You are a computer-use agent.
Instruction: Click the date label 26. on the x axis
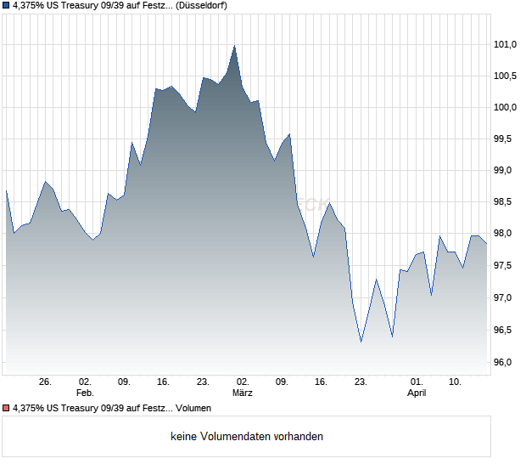[x=45, y=382]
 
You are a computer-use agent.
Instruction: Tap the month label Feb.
[x=84, y=393]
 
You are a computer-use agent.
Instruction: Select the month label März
[x=243, y=393]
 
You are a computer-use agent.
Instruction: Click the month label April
[x=417, y=393]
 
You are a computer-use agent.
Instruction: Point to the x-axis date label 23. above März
[x=203, y=382]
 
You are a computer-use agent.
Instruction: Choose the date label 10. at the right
[x=456, y=382]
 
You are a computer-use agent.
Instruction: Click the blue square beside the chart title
[x=7, y=5]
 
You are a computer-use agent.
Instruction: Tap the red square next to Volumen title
[x=7, y=409]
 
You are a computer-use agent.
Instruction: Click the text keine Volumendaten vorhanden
[x=246, y=437]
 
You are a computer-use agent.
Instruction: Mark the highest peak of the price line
[x=234, y=46]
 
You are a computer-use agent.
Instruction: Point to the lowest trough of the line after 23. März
[x=361, y=342]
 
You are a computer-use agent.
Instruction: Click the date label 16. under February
[x=164, y=382]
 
